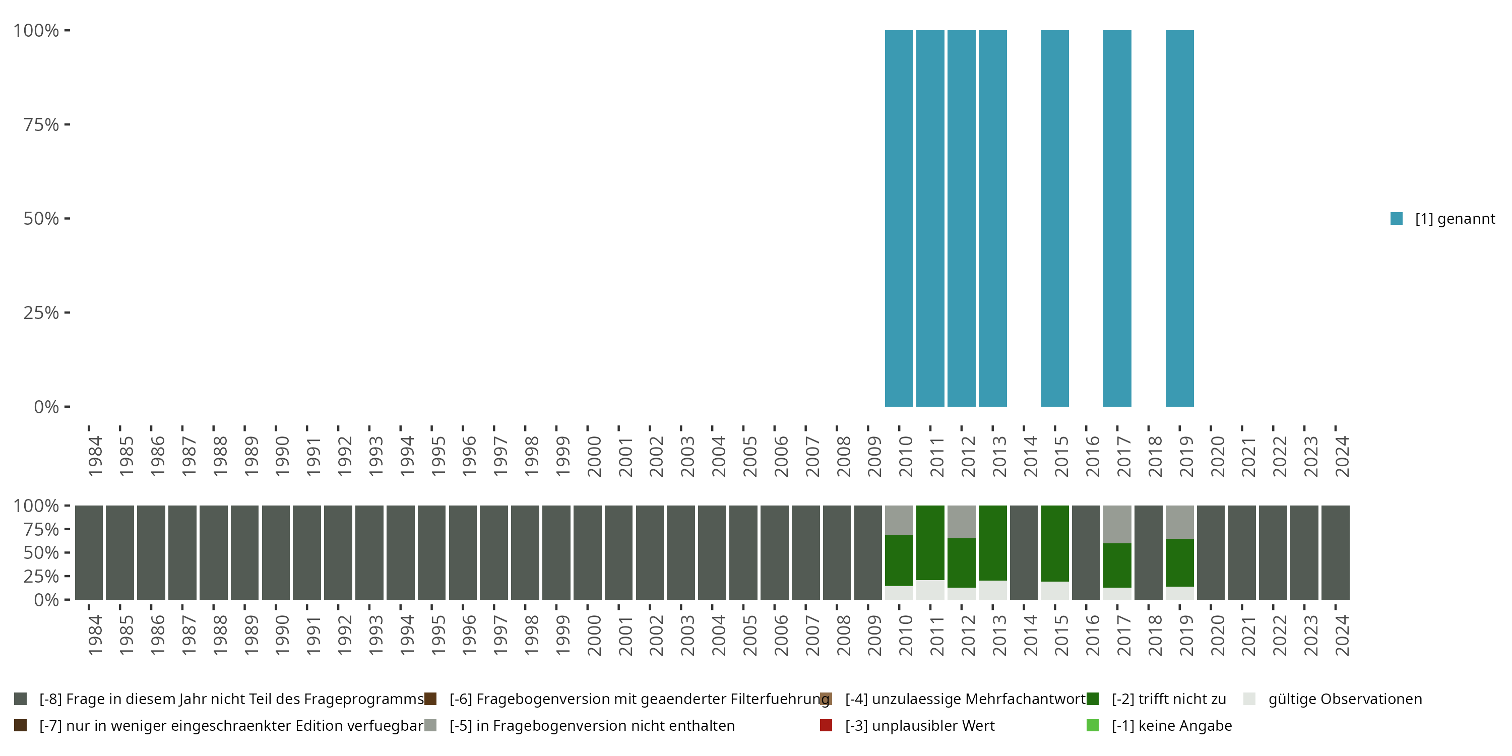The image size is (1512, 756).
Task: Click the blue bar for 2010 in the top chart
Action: pos(899,218)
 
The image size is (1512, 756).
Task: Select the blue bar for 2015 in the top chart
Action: pos(1055,218)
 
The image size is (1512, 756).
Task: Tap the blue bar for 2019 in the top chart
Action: pos(1179,218)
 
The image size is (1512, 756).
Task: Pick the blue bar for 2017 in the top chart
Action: pos(1117,218)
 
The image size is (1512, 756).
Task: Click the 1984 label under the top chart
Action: pos(95,456)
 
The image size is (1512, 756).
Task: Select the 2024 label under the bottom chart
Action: pos(1342,635)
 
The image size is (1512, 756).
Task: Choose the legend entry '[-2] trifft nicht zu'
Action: pos(1168,699)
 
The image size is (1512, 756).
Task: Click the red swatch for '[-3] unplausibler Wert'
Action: pos(826,725)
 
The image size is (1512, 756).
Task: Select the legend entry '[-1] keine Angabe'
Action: pos(1171,725)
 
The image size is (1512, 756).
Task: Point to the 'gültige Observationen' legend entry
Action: pos(1345,699)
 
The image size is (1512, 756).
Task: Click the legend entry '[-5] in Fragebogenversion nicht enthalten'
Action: pos(592,725)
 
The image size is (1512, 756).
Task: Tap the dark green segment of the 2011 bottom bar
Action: pos(930,542)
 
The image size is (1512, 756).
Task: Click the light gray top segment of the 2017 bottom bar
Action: pos(1117,524)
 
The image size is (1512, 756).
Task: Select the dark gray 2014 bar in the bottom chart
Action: pos(1024,552)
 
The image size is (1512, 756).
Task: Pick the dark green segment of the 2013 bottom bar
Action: pos(992,542)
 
